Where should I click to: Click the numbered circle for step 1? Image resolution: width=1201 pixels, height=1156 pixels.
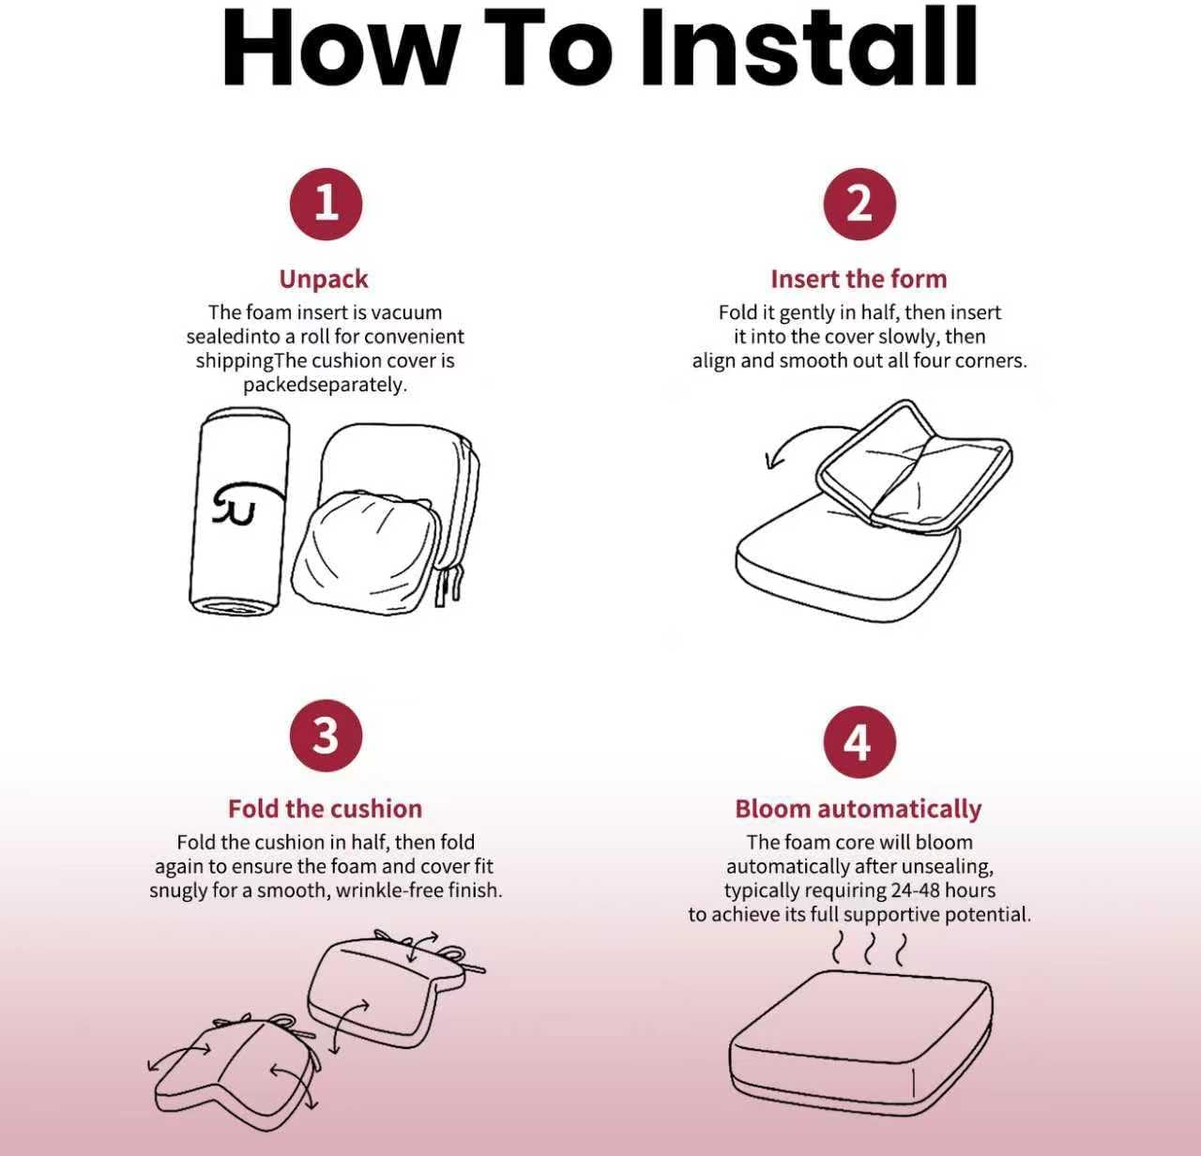(x=326, y=204)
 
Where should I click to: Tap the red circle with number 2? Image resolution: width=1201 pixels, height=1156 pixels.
(x=859, y=204)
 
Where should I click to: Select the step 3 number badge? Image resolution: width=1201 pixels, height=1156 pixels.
(x=326, y=735)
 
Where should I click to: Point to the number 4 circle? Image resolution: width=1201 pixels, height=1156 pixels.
(x=859, y=742)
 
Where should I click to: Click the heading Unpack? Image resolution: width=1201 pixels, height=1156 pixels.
(x=324, y=280)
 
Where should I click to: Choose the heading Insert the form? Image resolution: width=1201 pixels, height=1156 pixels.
(x=859, y=279)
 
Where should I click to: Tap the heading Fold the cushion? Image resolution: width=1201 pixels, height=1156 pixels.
(x=326, y=809)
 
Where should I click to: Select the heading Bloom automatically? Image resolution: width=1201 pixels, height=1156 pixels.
(x=858, y=809)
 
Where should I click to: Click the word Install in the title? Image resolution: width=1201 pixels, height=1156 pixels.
(x=810, y=47)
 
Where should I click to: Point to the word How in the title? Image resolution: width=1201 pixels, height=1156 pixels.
(x=341, y=47)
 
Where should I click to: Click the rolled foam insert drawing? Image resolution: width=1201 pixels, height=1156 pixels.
(x=239, y=511)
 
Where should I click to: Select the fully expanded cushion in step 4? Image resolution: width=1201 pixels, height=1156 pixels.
(x=861, y=1042)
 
